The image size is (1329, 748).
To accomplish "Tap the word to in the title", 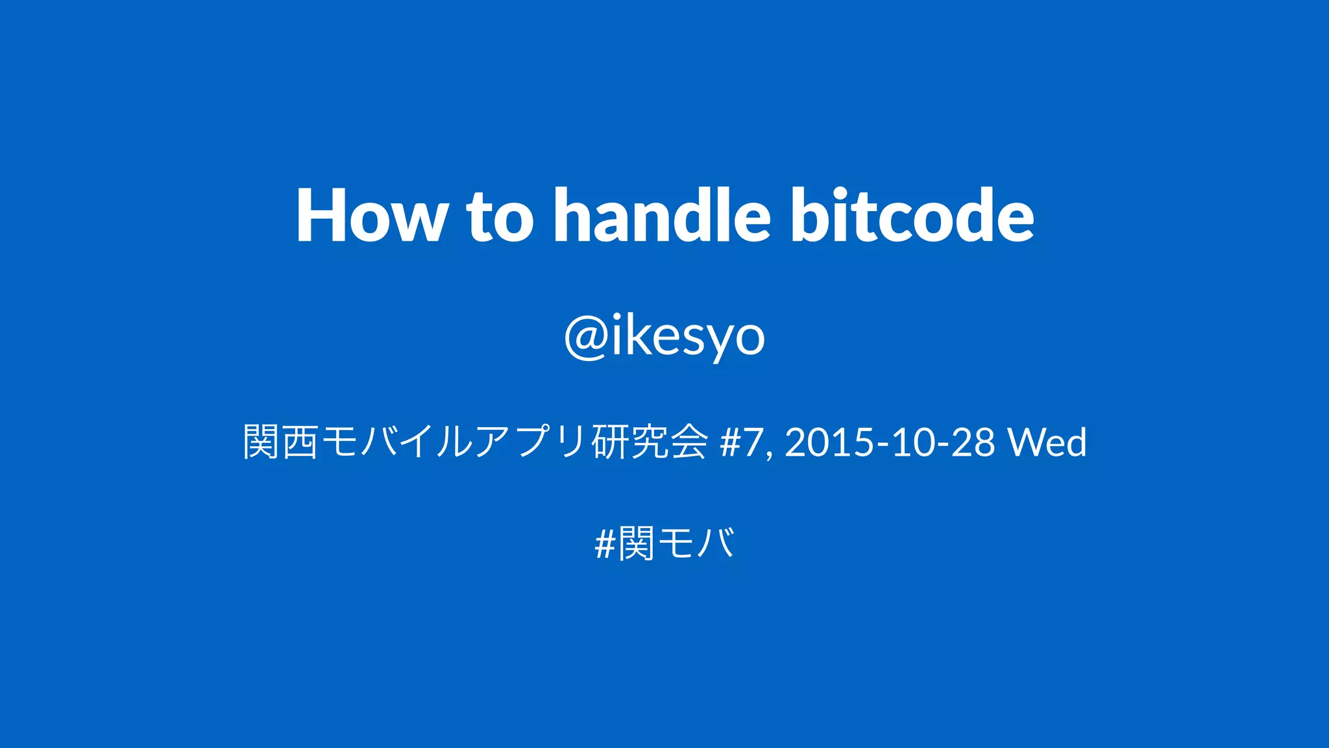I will [500, 216].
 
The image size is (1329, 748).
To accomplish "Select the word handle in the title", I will [662, 216].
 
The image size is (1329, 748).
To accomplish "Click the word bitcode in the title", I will [912, 216].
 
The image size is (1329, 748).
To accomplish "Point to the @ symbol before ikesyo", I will [587, 336].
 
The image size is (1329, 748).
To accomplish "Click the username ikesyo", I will [688, 336].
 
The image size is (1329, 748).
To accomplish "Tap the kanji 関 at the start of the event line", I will [261, 442].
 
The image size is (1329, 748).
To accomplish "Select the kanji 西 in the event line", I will [300, 442].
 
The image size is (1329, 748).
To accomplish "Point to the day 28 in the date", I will [973, 442].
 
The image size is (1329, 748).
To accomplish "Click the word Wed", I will [1047, 442].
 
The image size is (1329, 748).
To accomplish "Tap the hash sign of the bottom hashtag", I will [604, 544].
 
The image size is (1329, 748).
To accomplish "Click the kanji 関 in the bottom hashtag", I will [636, 544].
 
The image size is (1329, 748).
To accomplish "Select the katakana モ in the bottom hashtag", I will [677, 544].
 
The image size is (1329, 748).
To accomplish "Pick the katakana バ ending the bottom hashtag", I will [716, 544].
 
